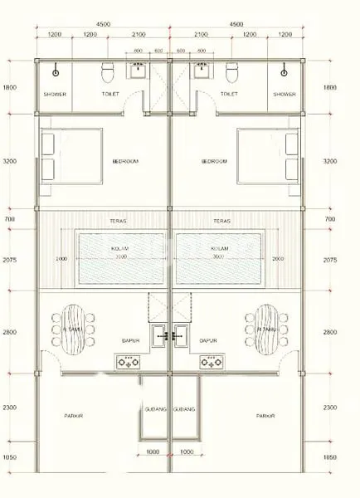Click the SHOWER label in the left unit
coord(55,94)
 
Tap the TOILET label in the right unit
coord(230,94)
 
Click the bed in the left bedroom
coord(62,156)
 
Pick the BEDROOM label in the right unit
coord(213,161)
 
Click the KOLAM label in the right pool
coord(219,248)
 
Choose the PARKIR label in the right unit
coord(265,416)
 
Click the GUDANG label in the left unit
coord(155,409)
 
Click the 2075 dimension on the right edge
coord(330,260)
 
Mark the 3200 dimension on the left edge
coord(8,161)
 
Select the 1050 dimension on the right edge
coord(330,456)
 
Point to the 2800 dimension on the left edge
coord(8,331)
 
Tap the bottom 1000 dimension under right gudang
coord(186,452)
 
